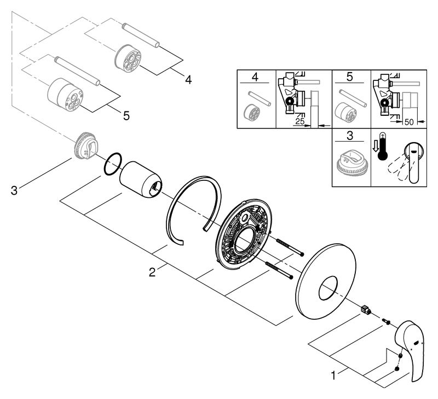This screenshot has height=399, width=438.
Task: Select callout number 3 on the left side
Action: [15, 190]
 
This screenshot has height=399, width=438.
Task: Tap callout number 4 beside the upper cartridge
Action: [188, 80]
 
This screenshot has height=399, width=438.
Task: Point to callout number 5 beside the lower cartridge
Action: [126, 115]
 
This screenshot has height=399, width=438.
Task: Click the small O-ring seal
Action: [112, 164]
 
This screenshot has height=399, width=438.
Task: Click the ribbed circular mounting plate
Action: [244, 234]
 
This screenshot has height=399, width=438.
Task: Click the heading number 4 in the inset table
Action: [256, 78]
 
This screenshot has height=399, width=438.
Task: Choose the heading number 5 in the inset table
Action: [352, 78]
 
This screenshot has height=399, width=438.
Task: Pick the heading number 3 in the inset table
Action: [352, 136]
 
